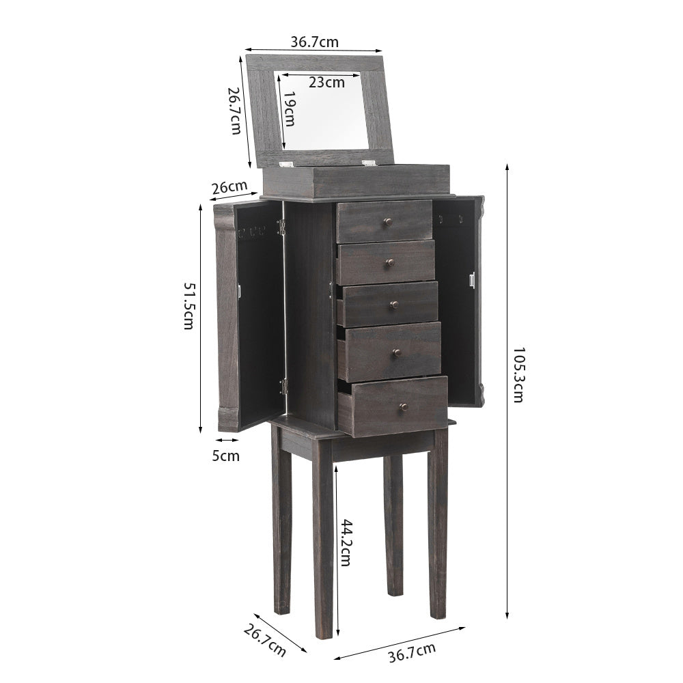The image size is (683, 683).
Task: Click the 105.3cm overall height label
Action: coord(518,374)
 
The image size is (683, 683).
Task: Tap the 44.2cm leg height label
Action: coord(346,542)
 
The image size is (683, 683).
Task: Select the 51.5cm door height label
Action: coord(189,306)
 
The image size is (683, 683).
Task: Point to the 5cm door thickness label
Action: coord(225,456)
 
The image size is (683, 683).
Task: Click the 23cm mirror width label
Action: coord(326,82)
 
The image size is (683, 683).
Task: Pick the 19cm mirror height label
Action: coord(289,109)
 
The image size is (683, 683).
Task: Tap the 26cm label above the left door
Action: coord(229,187)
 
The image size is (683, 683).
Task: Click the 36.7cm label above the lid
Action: coord(314,42)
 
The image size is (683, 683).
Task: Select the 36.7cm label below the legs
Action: coord(412,652)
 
